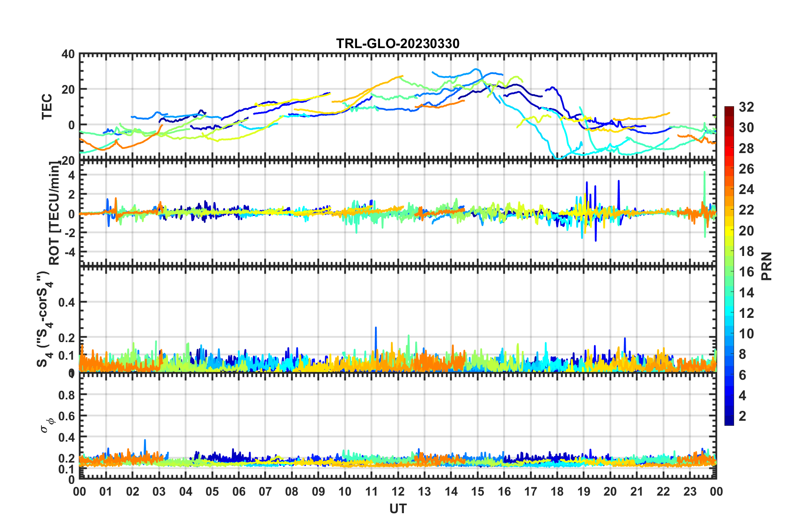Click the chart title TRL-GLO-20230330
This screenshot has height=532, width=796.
coord(398,43)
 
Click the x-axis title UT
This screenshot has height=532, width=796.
coord(398,509)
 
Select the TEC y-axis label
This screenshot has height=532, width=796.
coord(47,106)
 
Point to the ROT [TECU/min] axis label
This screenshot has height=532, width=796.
coord(54,213)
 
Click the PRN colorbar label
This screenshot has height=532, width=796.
coord(767,266)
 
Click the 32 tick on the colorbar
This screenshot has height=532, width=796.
coord(746,107)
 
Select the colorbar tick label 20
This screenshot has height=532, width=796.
coord(746,230)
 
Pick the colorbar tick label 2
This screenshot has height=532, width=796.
coord(742,416)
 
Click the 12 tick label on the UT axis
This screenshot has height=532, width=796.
coord(398,491)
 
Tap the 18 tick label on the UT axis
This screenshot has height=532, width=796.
coord(557,491)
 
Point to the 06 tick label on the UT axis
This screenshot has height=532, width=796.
coord(239,491)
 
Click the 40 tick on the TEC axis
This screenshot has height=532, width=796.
coord(69,54)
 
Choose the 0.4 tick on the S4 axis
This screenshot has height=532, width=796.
coord(67,302)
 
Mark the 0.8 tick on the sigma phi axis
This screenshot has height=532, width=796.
coord(67,395)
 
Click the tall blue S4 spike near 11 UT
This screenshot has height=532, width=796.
coord(376,328)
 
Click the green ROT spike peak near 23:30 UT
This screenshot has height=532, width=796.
coord(705,172)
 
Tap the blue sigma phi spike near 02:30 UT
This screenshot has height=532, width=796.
coord(145,440)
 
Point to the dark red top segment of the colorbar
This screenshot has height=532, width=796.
coord(729,110)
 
